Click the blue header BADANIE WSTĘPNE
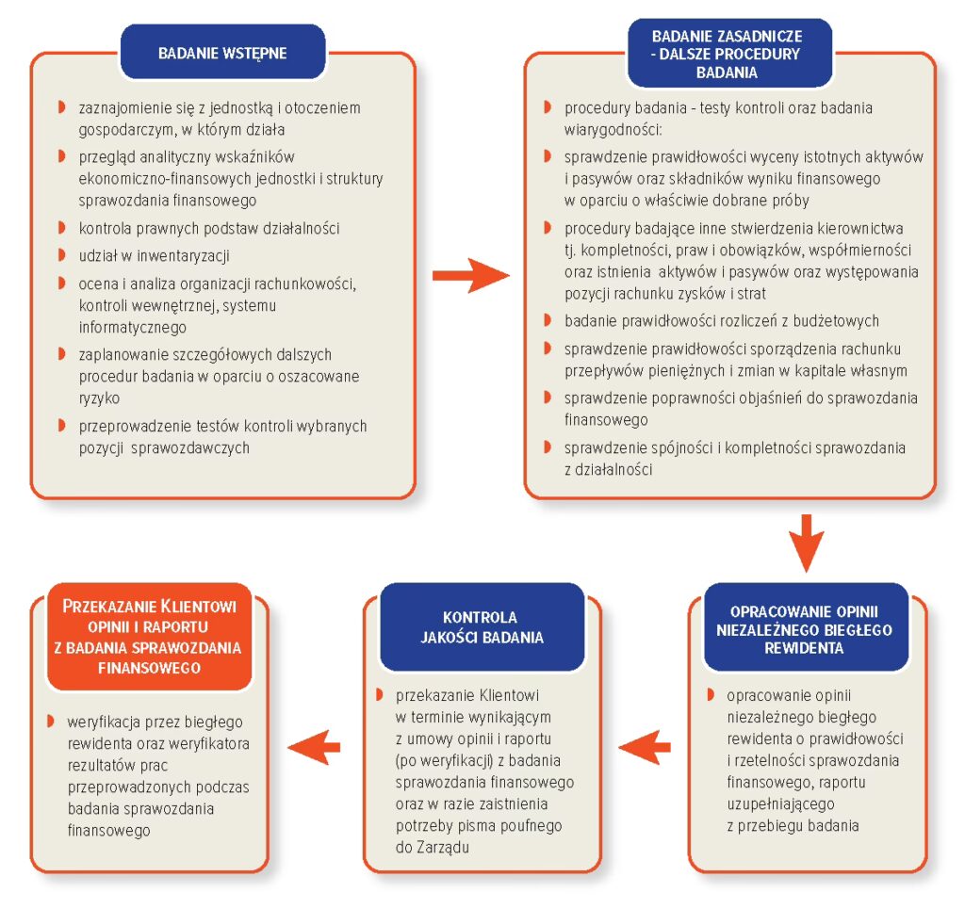click(222, 53)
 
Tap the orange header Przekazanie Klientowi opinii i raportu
click(150, 636)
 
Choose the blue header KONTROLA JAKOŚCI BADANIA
click(481, 627)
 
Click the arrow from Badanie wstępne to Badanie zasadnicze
click(469, 276)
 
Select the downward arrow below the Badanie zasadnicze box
click(806, 541)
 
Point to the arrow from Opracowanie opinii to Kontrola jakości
click(646, 747)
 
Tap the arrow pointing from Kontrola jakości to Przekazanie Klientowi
click(315, 747)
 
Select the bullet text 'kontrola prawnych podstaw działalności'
click(209, 228)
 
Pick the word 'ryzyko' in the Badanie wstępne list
click(99, 398)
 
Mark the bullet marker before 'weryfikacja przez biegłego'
click(49, 722)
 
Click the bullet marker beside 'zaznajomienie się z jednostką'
click(61, 107)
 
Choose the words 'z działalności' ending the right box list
click(609, 467)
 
